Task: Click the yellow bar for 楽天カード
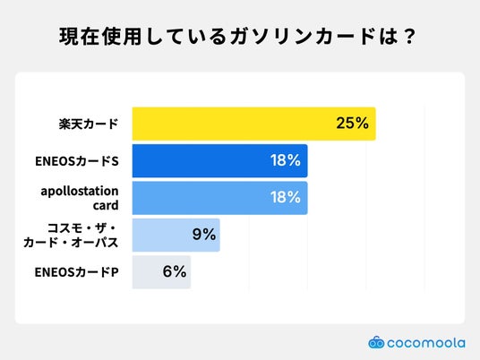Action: pos(253,124)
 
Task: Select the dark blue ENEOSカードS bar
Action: pos(219,160)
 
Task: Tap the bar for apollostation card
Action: pos(219,198)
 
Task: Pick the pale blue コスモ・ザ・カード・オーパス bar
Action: pos(176,235)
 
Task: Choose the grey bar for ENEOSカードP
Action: pos(161,272)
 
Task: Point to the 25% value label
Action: pos(352,123)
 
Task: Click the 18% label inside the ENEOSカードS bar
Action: pos(286,160)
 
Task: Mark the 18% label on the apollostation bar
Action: pos(286,197)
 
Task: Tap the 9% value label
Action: pos(204,235)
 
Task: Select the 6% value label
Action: pos(175,271)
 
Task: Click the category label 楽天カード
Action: pos(89,124)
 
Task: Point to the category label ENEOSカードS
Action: pos(77,161)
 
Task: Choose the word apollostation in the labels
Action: pos(80,192)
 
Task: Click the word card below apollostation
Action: pos(106,205)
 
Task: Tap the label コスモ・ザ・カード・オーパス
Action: pos(71,236)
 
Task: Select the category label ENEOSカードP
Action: pos(76,272)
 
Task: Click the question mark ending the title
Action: pos(409,37)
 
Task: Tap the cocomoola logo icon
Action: pos(376,342)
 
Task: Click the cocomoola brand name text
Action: pos(426,343)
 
